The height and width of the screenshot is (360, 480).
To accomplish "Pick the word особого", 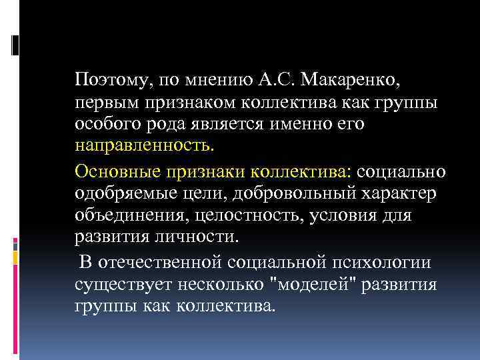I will click(x=105, y=125).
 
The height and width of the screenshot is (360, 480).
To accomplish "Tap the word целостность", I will click(x=240, y=216).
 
